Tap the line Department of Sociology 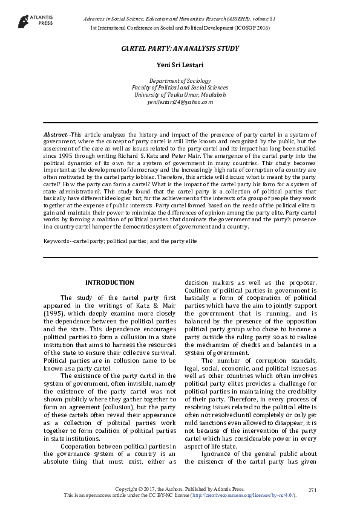[180, 80]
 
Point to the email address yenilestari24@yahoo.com [180, 102]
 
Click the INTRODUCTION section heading [110, 282]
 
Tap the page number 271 [312, 488]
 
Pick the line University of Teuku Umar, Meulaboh [180, 95]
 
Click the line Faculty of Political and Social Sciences [180, 88]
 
